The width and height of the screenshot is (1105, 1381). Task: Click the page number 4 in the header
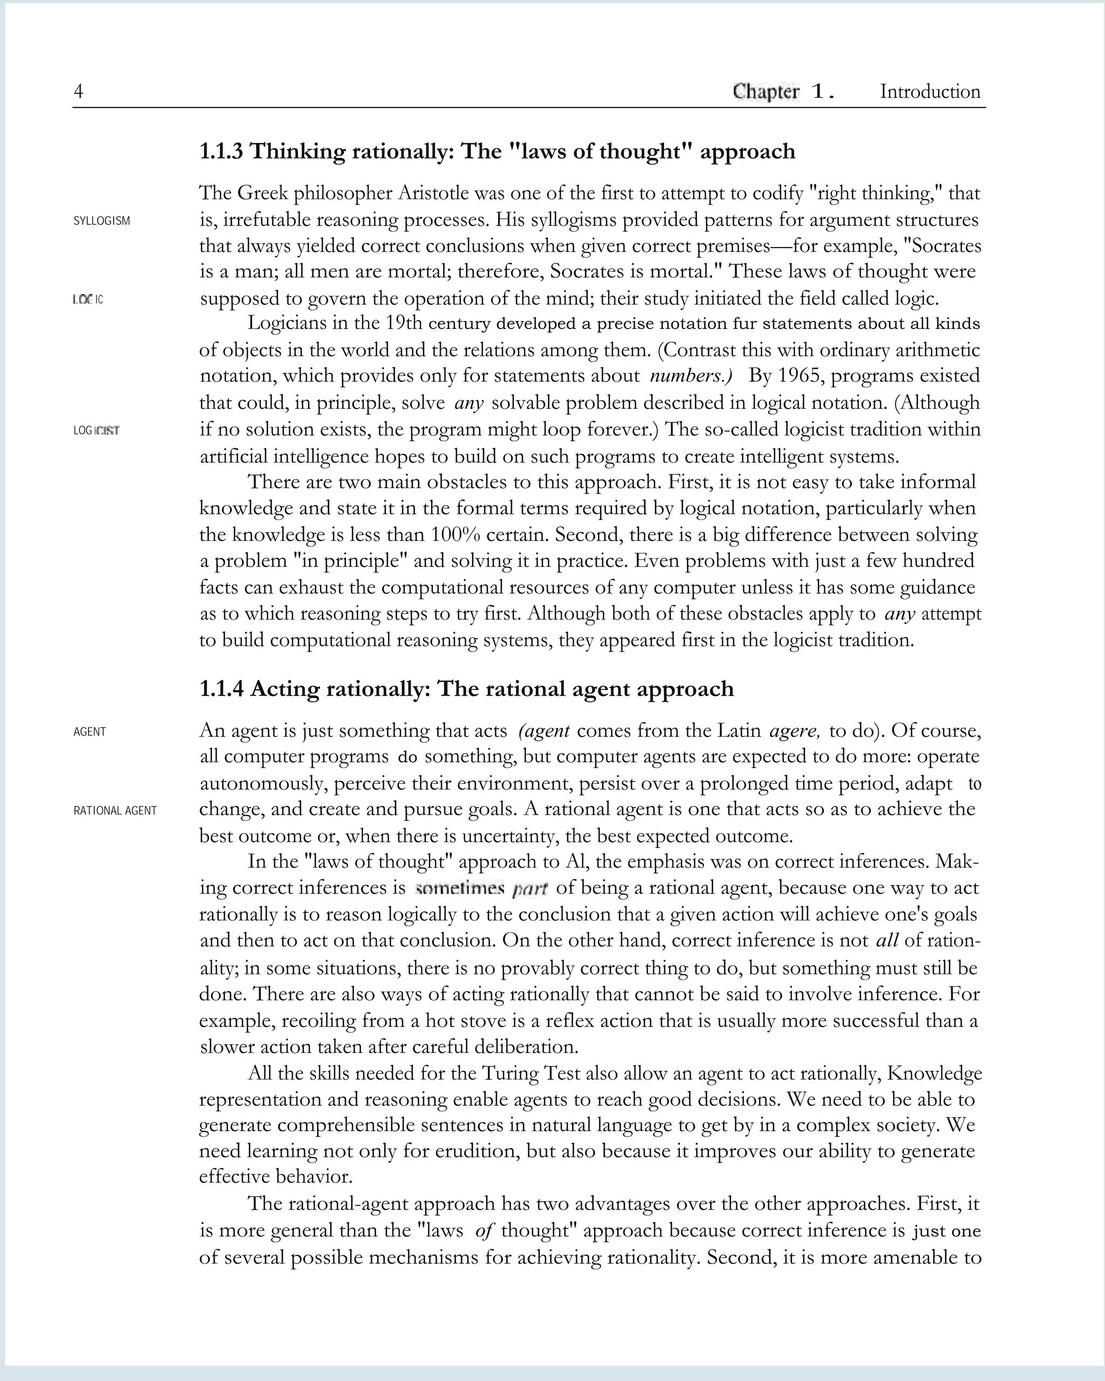pyautogui.click(x=78, y=92)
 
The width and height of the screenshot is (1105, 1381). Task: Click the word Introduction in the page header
pyautogui.click(x=930, y=92)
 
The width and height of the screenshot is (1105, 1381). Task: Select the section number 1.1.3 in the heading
pyautogui.click(x=221, y=152)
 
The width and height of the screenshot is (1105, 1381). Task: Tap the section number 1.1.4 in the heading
pyautogui.click(x=222, y=689)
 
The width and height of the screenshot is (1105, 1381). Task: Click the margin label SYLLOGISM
pyautogui.click(x=102, y=221)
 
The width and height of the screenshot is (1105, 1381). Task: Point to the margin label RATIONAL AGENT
pyautogui.click(x=115, y=811)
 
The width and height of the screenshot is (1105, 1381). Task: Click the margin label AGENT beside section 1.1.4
pyautogui.click(x=90, y=732)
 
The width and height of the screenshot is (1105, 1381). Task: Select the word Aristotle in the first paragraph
pyautogui.click(x=433, y=193)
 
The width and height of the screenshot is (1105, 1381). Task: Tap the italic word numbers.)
pyautogui.click(x=691, y=375)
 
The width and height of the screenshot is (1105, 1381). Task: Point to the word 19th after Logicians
pyautogui.click(x=404, y=323)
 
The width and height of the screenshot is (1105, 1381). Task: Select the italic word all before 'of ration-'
pyautogui.click(x=886, y=940)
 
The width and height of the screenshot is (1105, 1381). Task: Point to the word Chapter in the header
pyautogui.click(x=766, y=92)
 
